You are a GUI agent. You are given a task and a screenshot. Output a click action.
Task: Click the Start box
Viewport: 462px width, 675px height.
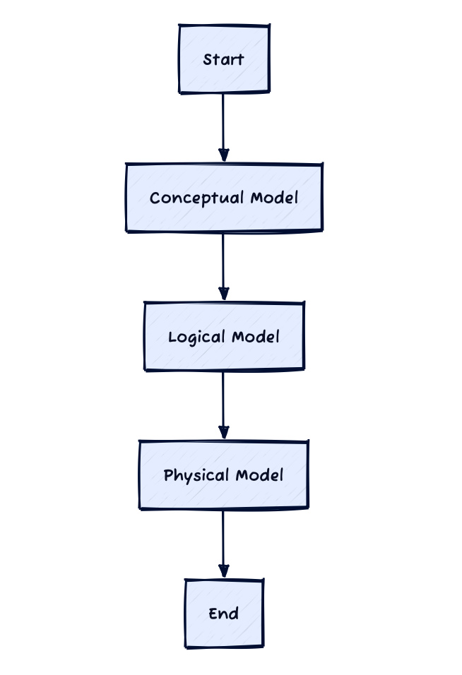(x=225, y=59)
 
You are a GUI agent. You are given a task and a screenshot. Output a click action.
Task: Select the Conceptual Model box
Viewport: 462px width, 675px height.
(x=225, y=198)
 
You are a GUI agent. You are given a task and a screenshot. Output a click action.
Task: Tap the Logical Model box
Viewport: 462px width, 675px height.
(x=225, y=336)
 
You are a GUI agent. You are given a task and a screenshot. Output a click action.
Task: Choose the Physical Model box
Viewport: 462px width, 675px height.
(x=224, y=474)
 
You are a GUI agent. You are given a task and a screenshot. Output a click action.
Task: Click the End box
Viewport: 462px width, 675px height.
(x=225, y=614)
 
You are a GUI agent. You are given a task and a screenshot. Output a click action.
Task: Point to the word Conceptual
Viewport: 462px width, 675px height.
(x=197, y=198)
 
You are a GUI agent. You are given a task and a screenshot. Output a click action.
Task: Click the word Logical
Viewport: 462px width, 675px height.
(x=197, y=337)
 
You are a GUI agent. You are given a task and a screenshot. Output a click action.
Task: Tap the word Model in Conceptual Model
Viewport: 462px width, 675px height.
(x=274, y=198)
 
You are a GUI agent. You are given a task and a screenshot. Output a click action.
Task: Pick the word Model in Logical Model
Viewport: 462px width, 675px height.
(x=256, y=336)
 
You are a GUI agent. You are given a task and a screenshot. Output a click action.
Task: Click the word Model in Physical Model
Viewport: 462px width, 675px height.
(x=259, y=474)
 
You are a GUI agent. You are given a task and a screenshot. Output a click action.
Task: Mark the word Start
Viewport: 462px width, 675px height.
(x=223, y=59)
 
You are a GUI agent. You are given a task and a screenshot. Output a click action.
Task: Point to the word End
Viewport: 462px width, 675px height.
(x=223, y=614)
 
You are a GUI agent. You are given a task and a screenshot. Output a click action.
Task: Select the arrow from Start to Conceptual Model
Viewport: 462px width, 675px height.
(x=223, y=127)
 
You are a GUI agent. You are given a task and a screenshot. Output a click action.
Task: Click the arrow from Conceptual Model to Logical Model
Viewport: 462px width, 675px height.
(x=223, y=266)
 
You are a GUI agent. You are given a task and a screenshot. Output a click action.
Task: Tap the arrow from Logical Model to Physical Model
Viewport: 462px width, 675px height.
(x=223, y=405)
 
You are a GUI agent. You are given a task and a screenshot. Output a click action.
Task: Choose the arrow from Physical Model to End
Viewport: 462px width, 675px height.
(x=223, y=544)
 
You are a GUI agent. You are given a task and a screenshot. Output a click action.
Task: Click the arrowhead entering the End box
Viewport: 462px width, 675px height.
(x=223, y=571)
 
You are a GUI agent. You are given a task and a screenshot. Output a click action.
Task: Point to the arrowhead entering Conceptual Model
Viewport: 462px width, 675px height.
(x=223, y=155)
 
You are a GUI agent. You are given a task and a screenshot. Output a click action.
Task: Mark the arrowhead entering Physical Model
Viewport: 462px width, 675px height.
(x=223, y=433)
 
